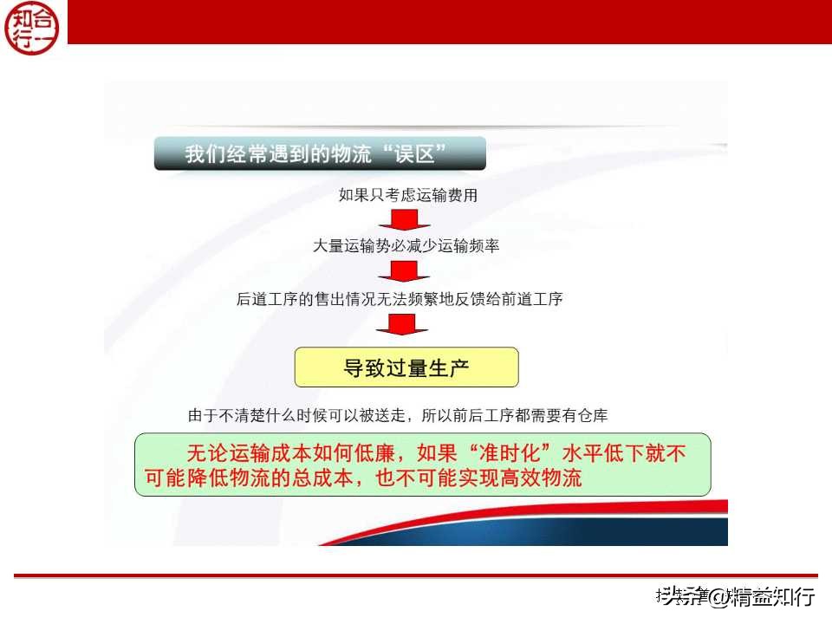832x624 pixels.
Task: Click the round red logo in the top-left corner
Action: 34,27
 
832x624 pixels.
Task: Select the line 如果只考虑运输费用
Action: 407,195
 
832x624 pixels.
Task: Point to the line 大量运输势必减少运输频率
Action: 406,246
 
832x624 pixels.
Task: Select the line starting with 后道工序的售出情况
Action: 400,299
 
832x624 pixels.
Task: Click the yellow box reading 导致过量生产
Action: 406,367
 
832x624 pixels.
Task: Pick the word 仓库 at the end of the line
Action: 594,416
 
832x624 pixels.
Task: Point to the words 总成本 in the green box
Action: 337,478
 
